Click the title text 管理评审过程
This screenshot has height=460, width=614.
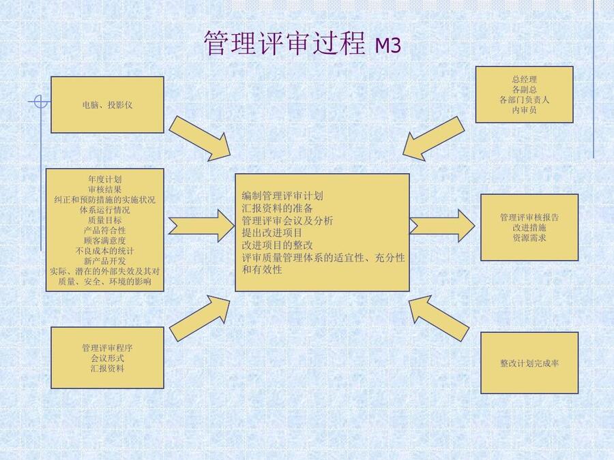pyautogui.click(x=285, y=43)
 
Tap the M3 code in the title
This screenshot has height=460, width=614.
pyautogui.click(x=388, y=45)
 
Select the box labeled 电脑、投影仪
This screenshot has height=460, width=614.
pyautogui.click(x=107, y=104)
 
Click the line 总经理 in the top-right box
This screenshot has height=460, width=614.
pyautogui.click(x=524, y=80)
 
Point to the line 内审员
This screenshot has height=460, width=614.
pyautogui.click(x=524, y=110)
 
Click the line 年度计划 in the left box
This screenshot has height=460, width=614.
pyautogui.click(x=105, y=179)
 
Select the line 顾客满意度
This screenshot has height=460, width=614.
pyautogui.click(x=105, y=240)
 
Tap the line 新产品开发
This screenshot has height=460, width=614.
pyautogui.click(x=105, y=260)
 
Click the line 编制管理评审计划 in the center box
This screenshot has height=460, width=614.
pyautogui.click(x=282, y=196)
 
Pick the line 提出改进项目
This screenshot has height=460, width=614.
pyautogui.click(x=272, y=232)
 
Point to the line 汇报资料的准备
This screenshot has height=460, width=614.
pyautogui.click(x=277, y=208)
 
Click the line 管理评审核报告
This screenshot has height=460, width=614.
pyautogui.click(x=529, y=217)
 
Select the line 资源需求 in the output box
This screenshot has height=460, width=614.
pyautogui.click(x=529, y=238)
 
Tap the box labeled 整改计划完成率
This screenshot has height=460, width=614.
pyautogui.click(x=529, y=363)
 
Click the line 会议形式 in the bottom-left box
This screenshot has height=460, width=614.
pyautogui.click(x=108, y=358)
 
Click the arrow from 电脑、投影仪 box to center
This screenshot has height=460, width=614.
pyautogui.click(x=199, y=138)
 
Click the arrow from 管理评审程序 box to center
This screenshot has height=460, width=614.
pyautogui.click(x=199, y=318)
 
